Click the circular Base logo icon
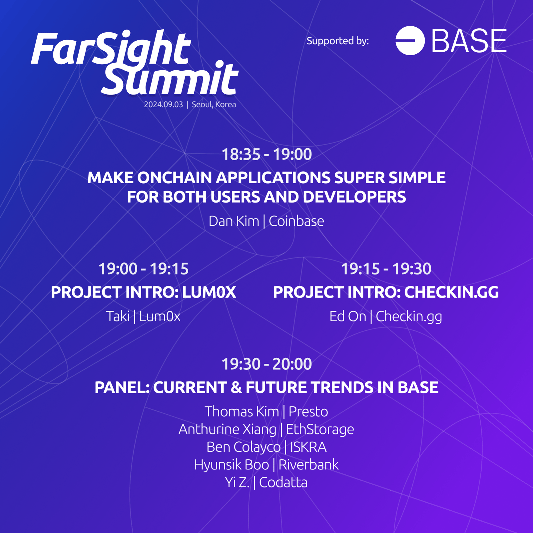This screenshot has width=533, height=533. tap(410, 40)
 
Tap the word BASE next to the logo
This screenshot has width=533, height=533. tap(469, 40)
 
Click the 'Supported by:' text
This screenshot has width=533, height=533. tap(338, 41)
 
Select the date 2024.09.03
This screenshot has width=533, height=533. tap(163, 104)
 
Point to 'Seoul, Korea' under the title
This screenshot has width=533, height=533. tap(214, 104)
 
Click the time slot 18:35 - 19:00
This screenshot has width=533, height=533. tap(266, 154)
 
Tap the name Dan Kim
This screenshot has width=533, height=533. tap(234, 221)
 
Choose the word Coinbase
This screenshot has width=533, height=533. tap(296, 221)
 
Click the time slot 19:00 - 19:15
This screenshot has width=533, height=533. tap(144, 269)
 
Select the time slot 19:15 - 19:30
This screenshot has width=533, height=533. tap(386, 269)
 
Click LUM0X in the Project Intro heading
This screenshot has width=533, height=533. tap(209, 292)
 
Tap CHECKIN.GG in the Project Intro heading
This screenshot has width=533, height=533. tap(451, 292)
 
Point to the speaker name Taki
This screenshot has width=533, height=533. tap(118, 316)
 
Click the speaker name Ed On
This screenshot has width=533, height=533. tap(348, 316)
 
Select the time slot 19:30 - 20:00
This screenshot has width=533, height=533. tap(266, 364)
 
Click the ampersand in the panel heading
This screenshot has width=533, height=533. tap(236, 387)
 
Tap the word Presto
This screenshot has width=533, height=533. tap(308, 412)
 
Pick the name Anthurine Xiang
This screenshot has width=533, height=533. tap(228, 429)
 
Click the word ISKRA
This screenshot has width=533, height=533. tap(308, 447)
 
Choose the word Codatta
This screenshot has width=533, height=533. tap(283, 482)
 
